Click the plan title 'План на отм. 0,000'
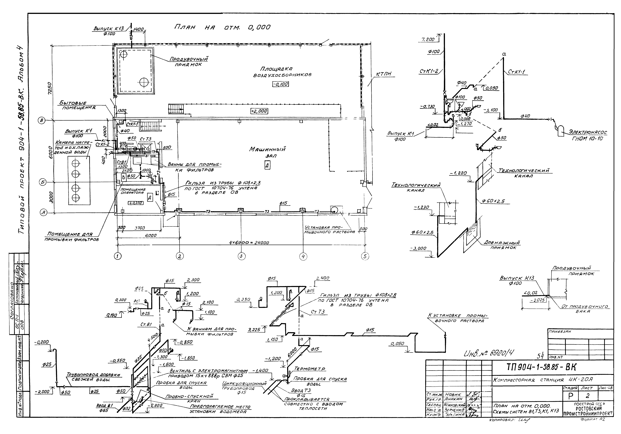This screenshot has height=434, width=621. (x=222, y=27)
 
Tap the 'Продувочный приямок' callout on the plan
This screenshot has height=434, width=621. (x=189, y=62)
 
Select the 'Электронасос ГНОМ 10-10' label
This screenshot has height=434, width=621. (x=587, y=135)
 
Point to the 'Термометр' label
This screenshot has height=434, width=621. (x=310, y=369)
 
